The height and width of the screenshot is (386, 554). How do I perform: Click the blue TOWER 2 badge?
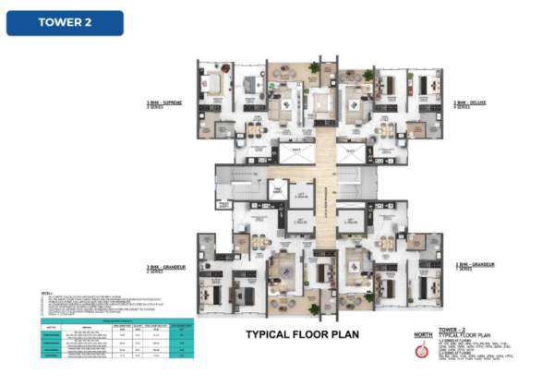(x=65, y=23)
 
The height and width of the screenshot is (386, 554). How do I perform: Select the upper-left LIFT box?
(x=300, y=192)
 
